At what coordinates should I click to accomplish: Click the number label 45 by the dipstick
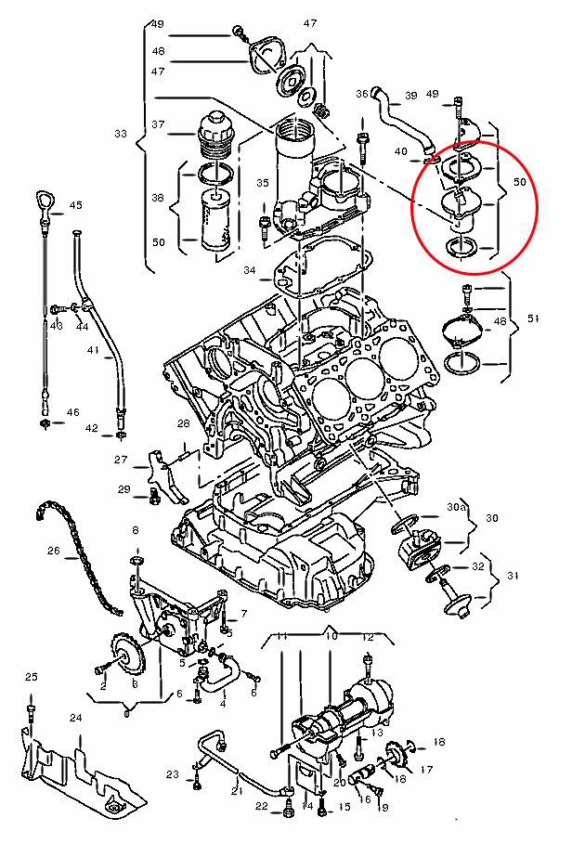[75, 205]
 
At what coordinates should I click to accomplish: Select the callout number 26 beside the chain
[53, 551]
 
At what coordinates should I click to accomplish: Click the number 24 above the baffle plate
[75, 718]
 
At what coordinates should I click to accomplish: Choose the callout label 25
[31, 676]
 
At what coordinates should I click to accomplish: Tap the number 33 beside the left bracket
[121, 134]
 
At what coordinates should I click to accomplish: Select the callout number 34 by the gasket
[249, 270]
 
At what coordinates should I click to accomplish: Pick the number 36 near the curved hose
[362, 94]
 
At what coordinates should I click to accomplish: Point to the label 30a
[455, 508]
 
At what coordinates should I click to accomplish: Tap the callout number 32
[478, 565]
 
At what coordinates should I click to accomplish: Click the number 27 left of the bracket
[121, 460]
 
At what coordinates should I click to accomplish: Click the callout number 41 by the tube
[92, 350]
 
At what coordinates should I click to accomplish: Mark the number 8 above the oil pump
[135, 530]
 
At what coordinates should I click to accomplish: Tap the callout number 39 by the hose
[410, 95]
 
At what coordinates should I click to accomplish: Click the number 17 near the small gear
[427, 770]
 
